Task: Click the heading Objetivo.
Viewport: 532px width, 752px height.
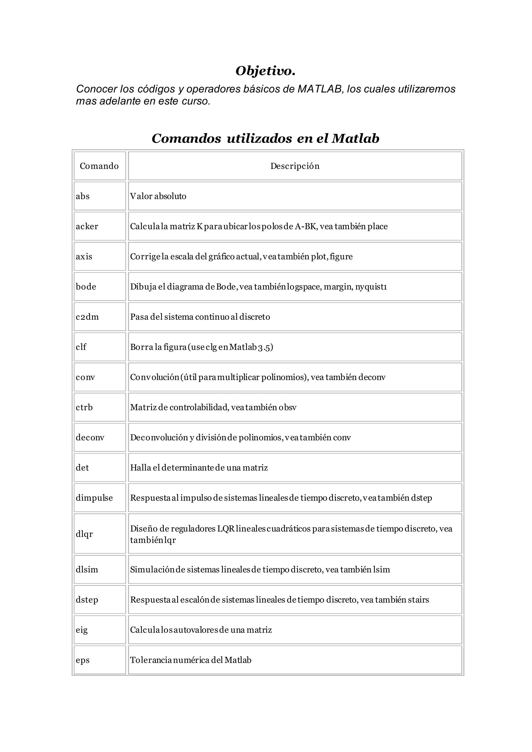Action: pos(265,71)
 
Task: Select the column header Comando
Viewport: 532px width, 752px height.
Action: pos(99,166)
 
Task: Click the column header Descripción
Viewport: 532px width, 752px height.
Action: pos(295,166)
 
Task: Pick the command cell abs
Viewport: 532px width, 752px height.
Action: pos(83,196)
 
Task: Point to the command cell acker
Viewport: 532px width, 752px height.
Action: pos(87,226)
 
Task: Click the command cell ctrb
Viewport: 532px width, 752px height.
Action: pos(84,407)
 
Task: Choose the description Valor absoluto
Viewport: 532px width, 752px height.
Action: pos(158,196)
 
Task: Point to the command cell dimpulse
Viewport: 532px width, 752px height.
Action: pos(94,498)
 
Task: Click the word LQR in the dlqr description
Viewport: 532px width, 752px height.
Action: pos(226,529)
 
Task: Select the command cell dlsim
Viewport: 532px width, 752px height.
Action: pos(87,569)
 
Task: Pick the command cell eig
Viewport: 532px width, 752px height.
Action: pos(82,630)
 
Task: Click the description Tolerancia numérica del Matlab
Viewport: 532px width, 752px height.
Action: pos(191,660)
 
